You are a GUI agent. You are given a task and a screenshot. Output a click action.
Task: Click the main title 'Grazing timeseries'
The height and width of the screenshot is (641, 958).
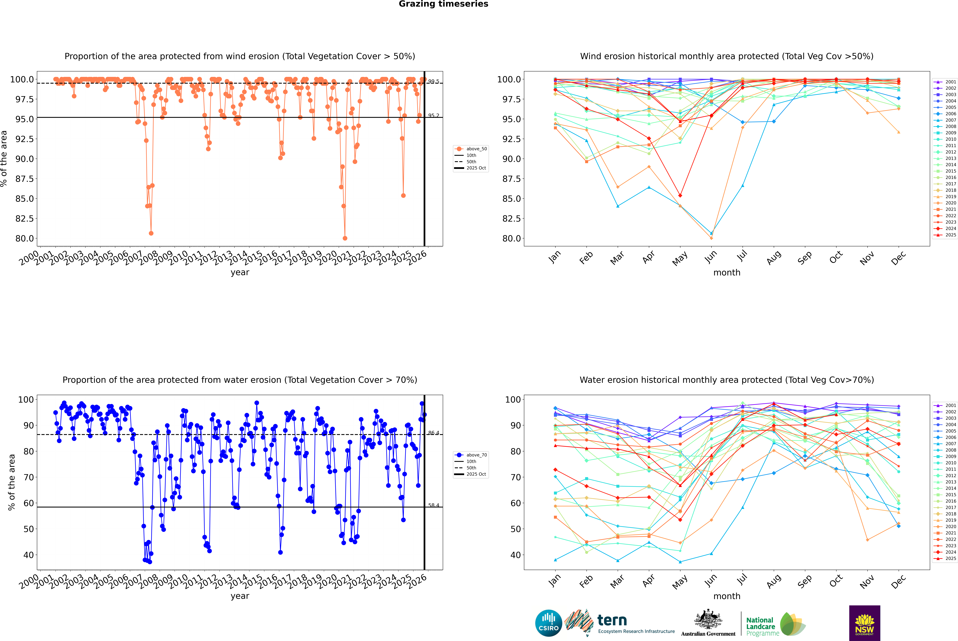[x=443, y=4]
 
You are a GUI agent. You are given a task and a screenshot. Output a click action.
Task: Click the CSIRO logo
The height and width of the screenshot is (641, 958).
[x=548, y=623]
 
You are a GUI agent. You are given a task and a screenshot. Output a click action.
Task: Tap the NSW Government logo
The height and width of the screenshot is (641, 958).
[x=864, y=623]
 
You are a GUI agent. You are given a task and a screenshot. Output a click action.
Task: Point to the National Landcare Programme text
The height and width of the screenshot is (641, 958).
[x=760, y=626]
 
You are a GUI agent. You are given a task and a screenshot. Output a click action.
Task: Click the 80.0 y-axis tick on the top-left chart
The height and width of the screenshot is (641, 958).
[x=25, y=238]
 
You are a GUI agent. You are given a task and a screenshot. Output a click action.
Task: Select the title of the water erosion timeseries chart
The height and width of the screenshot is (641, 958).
[x=240, y=380]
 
